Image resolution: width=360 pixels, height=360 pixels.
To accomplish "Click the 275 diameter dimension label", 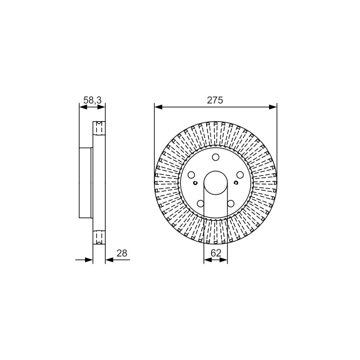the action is coord(215,100).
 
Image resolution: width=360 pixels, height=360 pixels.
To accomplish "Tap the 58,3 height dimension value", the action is coord(92,100).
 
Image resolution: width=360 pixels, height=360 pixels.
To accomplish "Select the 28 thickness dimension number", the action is coord(121,253).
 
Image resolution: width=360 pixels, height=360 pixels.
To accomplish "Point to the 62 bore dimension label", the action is coord(216,253).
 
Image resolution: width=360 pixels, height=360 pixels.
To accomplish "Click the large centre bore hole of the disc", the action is coord(216,183).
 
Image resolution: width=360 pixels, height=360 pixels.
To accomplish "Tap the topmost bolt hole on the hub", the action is coord(216,157).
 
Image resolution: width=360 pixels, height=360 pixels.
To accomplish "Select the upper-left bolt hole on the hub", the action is coord(191,175).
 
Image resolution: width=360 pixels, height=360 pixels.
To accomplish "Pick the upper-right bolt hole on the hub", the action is coord(240,175).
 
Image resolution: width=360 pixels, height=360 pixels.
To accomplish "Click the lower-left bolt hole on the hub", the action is coord(201,203).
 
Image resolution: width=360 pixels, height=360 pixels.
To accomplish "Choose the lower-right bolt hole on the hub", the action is coord(231,203).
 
